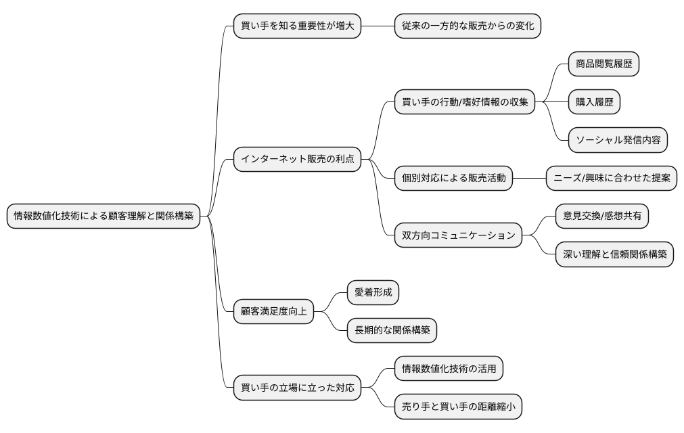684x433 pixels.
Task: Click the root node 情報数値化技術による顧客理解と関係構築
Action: click(104, 216)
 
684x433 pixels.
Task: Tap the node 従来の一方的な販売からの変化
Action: click(468, 26)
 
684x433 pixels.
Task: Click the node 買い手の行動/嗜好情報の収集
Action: click(465, 104)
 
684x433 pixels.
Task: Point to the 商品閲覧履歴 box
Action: click(603, 64)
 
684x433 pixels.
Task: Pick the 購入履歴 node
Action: click(594, 103)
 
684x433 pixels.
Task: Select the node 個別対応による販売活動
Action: click(454, 178)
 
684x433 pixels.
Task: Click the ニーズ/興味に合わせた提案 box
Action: click(612, 178)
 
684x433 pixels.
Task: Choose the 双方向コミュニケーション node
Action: click(459, 235)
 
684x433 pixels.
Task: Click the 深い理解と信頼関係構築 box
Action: click(614, 254)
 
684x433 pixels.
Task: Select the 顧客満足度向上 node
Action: click(273, 311)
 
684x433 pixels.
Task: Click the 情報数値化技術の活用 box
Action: click(449, 369)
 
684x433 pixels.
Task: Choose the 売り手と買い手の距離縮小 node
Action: click(459, 407)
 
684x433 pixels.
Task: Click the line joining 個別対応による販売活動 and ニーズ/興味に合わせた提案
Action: click(530, 178)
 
